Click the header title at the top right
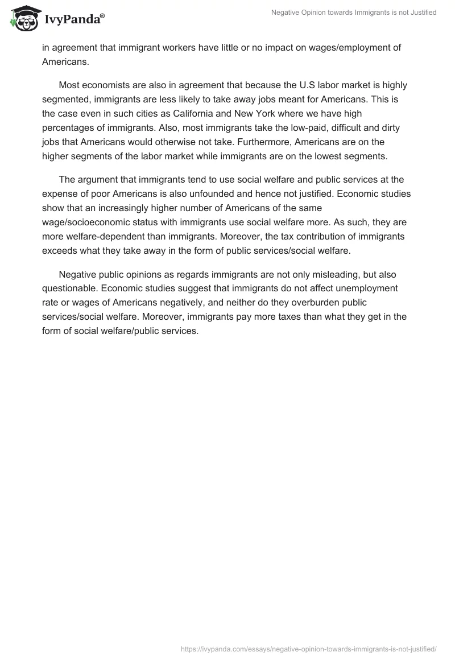click(x=353, y=13)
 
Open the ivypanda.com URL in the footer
click(x=308, y=648)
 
